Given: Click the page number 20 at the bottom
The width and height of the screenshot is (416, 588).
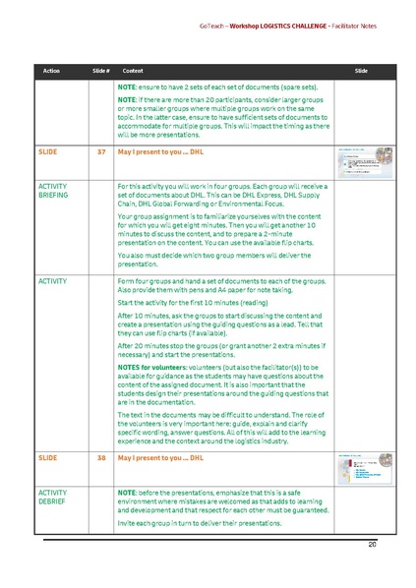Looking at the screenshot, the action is click(373, 544).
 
